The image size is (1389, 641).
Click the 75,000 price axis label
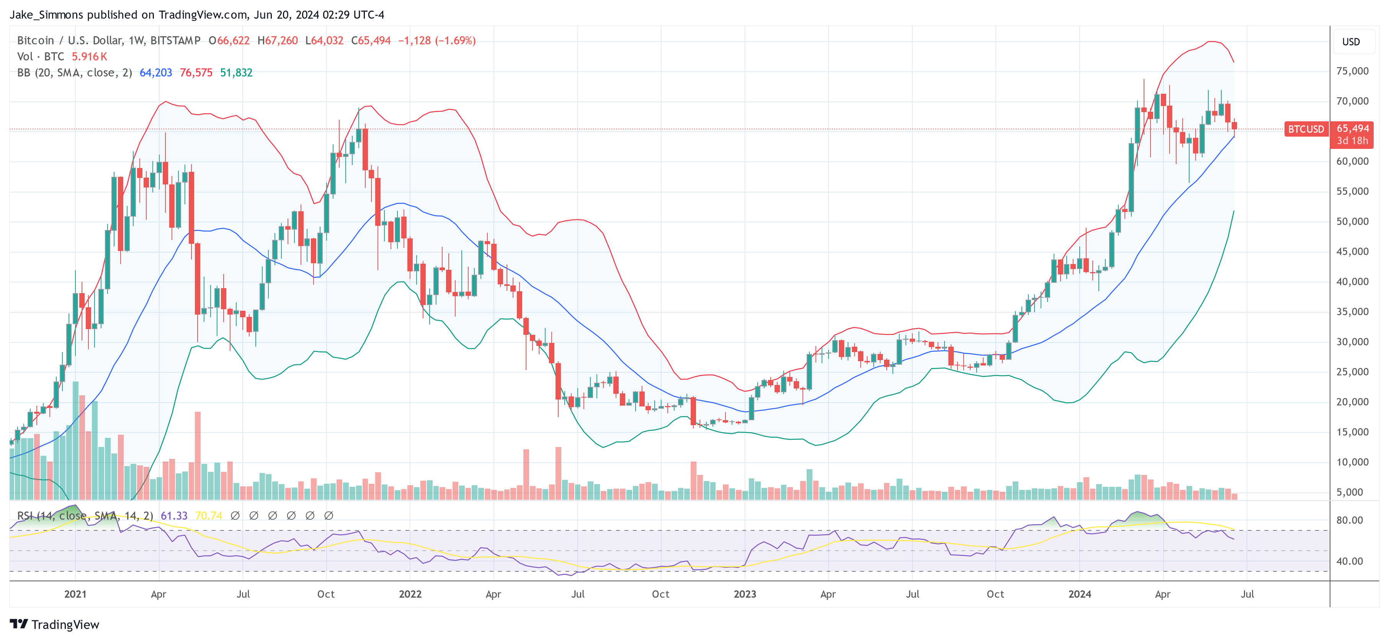tap(1352, 71)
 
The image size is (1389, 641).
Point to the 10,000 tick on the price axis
tap(1352, 462)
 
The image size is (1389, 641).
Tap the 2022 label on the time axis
tap(410, 594)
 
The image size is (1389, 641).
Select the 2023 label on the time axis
tap(745, 594)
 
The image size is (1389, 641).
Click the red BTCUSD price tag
tap(1306, 129)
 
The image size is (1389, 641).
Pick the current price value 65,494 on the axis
tap(1352, 128)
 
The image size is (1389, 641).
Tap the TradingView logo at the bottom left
tap(54, 624)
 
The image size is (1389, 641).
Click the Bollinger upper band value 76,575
tap(196, 73)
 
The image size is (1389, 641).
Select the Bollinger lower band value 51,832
tap(236, 73)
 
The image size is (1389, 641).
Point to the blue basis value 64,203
tap(156, 73)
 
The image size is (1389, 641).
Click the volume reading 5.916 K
tap(90, 57)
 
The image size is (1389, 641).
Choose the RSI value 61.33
tap(174, 516)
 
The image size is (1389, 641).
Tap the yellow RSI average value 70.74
tap(209, 516)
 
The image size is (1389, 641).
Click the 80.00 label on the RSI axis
tap(1349, 520)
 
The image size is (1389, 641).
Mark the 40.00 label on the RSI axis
tap(1349, 561)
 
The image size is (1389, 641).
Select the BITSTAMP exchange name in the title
tap(175, 41)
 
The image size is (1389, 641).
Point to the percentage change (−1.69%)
tap(456, 41)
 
